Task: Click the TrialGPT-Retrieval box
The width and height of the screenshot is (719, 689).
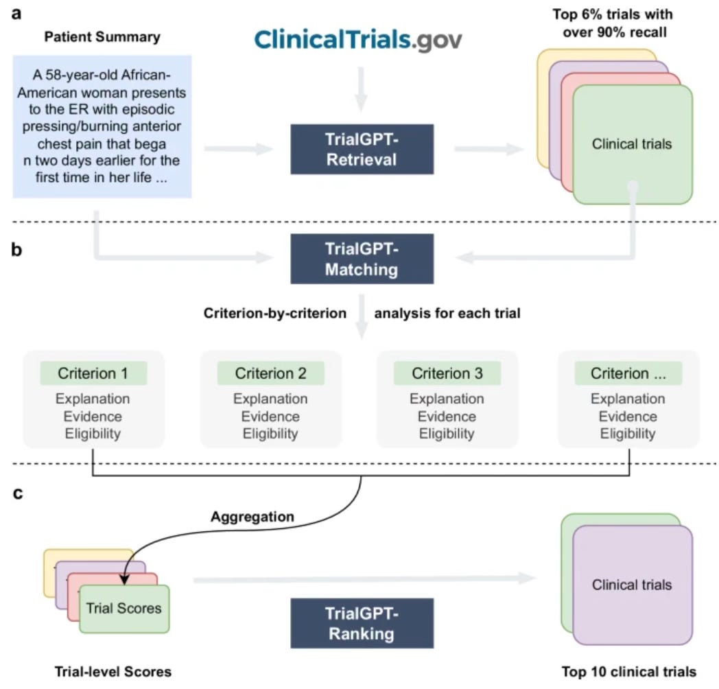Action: (362, 149)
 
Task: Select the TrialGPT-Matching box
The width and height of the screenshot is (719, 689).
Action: (362, 259)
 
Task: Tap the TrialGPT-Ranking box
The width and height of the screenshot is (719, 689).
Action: (362, 623)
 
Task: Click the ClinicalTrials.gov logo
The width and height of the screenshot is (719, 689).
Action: (358, 40)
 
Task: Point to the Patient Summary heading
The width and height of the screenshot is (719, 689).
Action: (102, 36)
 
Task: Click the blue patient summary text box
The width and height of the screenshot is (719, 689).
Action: (102, 126)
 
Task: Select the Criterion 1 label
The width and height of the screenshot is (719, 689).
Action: (93, 373)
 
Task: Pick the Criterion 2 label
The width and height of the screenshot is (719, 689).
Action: (270, 373)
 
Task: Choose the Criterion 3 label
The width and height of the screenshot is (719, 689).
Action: (447, 373)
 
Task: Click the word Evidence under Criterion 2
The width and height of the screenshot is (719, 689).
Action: (270, 417)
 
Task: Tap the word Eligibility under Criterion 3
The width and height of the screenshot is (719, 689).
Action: (447, 434)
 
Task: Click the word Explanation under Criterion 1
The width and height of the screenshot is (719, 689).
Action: (93, 399)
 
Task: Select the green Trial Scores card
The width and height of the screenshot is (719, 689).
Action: (124, 609)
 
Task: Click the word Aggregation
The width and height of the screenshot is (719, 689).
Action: (252, 517)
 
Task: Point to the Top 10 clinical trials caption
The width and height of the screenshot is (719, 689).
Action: (629, 672)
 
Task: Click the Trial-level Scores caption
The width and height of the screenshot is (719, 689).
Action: (113, 672)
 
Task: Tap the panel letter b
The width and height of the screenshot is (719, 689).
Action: (16, 250)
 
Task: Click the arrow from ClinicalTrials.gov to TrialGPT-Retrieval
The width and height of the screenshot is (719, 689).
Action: (362, 89)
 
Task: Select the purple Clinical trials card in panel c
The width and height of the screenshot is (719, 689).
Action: (633, 585)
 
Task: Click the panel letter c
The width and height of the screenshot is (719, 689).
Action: (17, 493)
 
